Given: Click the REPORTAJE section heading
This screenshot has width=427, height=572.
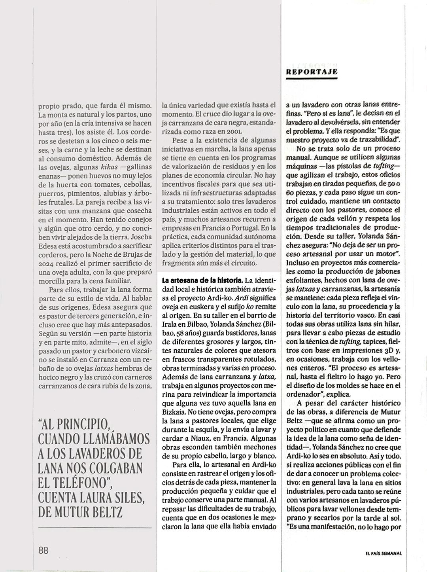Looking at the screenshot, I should (x=311, y=72).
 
